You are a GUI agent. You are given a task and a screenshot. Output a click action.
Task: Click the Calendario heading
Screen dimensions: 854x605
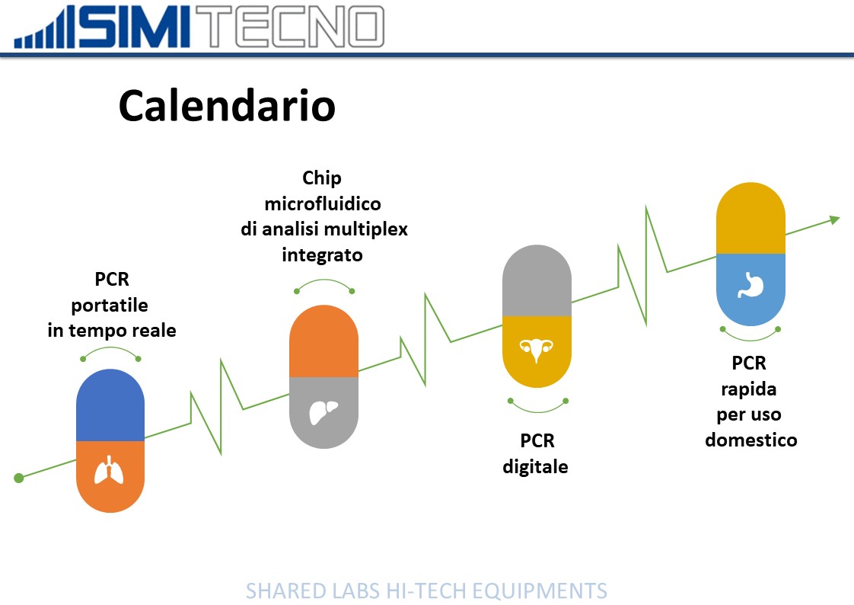227,106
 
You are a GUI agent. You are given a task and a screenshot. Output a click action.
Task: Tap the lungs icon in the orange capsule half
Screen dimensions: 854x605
110,470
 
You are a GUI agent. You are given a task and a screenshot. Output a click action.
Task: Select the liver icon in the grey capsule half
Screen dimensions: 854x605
323,412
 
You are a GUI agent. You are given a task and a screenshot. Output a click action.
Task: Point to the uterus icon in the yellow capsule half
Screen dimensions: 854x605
537,350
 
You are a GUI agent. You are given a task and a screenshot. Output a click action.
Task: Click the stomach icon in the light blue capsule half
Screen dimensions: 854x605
751,285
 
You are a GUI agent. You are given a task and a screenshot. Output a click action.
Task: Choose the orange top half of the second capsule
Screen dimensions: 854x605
323,341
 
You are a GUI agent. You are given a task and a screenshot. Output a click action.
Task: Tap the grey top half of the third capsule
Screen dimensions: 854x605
537,280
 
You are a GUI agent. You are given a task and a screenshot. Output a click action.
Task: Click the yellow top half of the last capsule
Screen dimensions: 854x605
750,218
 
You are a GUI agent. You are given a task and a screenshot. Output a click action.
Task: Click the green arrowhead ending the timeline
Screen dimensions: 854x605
834,219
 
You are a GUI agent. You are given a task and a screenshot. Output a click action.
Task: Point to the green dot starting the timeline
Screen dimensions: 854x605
19,478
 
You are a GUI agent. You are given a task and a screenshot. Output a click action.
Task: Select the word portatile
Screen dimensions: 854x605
110,306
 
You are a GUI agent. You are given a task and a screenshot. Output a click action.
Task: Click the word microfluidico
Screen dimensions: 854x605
323,204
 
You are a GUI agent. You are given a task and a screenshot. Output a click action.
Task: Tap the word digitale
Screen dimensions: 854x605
535,467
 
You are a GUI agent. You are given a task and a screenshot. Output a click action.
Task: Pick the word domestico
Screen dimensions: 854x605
751,440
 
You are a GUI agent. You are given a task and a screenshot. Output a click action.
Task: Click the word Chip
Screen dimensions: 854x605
322,178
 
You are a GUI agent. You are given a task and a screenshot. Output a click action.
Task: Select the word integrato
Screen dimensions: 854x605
323,255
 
